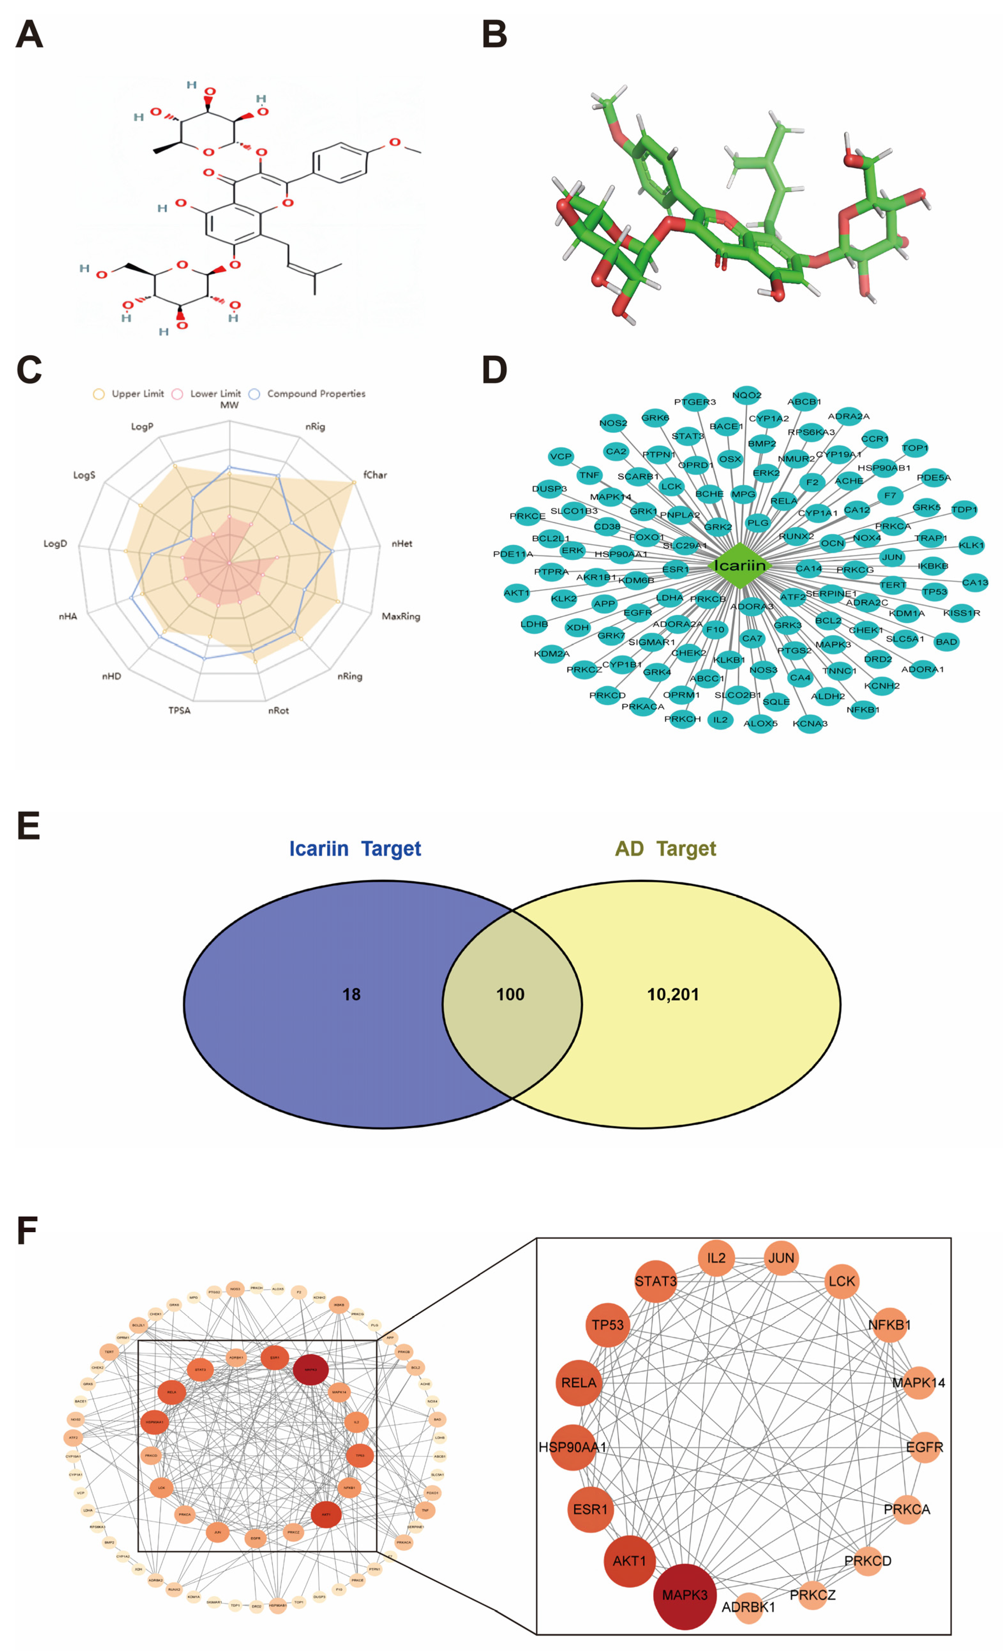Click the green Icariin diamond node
[738, 566]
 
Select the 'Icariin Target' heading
[355, 849]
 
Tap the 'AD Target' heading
[666, 849]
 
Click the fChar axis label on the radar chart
[375, 475]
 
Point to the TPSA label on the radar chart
[179, 710]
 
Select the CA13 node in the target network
[975, 582]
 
